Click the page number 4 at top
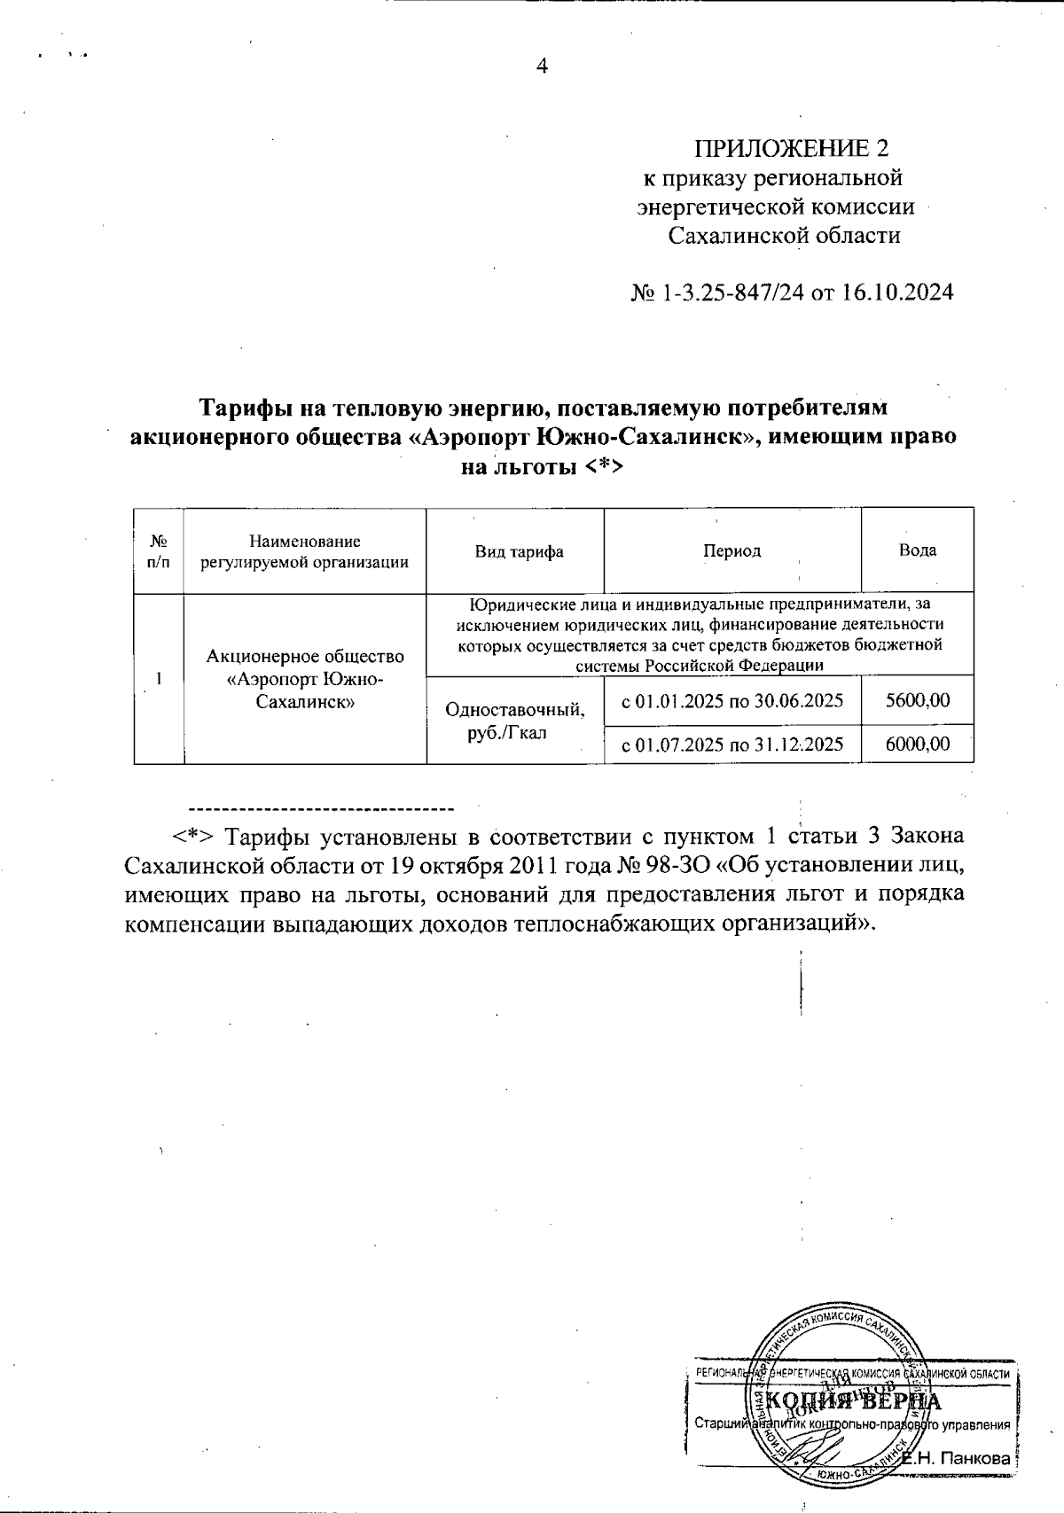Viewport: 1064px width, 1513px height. point(543,66)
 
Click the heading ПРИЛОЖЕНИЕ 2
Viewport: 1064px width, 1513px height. point(791,147)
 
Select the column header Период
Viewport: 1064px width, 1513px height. point(731,551)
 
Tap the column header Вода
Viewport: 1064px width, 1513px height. point(918,550)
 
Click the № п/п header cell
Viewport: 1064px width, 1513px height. point(160,551)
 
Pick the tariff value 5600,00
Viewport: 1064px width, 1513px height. point(918,701)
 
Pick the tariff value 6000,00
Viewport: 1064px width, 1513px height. point(918,745)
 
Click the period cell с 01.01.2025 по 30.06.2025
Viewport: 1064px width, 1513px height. point(731,701)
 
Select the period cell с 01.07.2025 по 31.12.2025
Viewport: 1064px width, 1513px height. point(731,745)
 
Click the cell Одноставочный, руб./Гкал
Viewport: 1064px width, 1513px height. point(515,721)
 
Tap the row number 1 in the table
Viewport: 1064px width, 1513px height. point(159,679)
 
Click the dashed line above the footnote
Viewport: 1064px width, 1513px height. point(321,808)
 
